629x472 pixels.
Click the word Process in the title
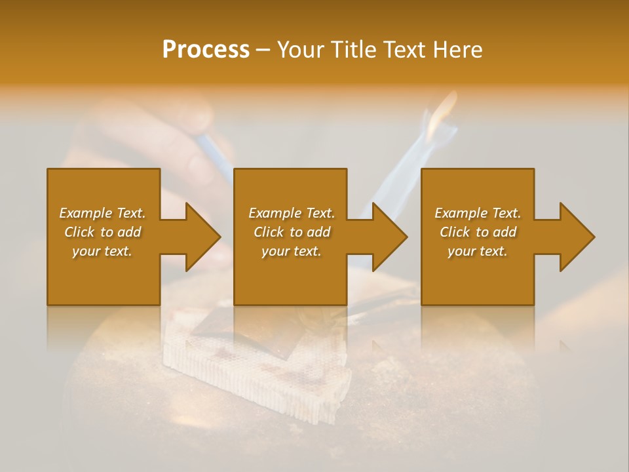point(206,50)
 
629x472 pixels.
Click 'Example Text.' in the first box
point(102,213)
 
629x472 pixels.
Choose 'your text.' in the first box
point(102,251)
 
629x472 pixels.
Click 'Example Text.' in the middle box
point(292,213)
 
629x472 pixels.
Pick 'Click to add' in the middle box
point(292,232)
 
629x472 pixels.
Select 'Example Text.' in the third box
point(478,213)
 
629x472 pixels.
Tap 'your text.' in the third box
point(478,251)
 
